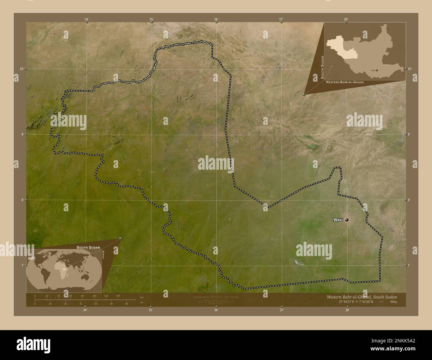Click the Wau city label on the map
click(x=338, y=220)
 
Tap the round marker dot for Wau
click(x=347, y=220)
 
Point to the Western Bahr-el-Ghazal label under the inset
click(x=345, y=82)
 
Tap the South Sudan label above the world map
click(x=88, y=247)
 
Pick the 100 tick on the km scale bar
click(x=94, y=296)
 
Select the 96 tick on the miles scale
click(x=126, y=304)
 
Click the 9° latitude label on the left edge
click(x=22, y=134)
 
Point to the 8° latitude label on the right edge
click(x=409, y=200)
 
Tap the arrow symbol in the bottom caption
click(x=381, y=302)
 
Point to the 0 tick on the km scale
click(x=35, y=296)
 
